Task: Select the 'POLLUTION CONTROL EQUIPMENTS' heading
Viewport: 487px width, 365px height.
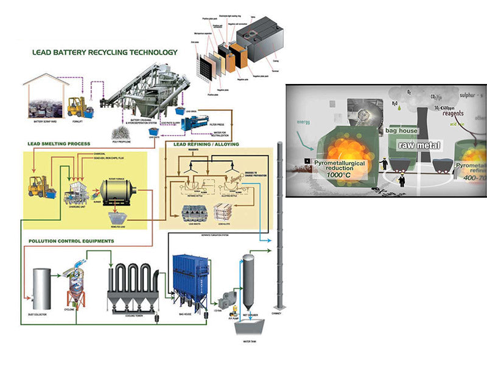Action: point(71,241)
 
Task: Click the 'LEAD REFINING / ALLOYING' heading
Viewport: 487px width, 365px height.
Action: point(206,144)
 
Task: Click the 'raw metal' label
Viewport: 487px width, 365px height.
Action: point(420,145)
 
